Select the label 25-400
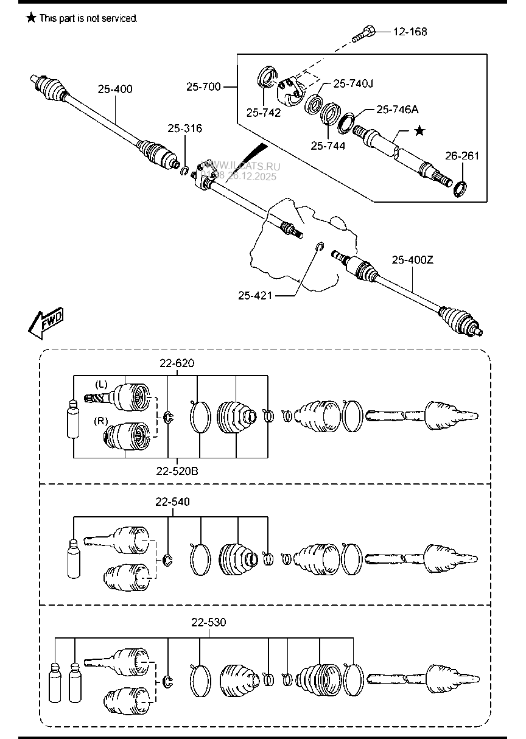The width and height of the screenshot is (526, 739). click(x=115, y=89)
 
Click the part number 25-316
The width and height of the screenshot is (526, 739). click(x=185, y=128)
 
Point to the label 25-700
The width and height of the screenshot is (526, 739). click(x=203, y=87)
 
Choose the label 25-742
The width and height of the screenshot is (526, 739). click(x=264, y=112)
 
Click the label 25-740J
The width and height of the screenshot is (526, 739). click(x=352, y=83)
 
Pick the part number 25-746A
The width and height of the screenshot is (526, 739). click(x=397, y=109)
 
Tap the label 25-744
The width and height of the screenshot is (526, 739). click(x=328, y=145)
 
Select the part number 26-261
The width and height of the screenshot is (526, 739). click(x=463, y=156)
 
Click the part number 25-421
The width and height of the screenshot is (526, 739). click(x=255, y=295)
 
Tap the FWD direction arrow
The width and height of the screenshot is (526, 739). click(x=45, y=323)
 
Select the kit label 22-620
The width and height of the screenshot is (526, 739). click(x=177, y=363)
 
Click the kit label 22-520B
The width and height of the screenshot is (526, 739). click(x=177, y=471)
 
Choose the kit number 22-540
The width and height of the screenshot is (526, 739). click(x=172, y=502)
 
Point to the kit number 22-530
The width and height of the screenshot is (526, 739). click(x=208, y=622)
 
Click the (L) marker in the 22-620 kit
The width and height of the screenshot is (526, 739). click(x=101, y=384)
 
